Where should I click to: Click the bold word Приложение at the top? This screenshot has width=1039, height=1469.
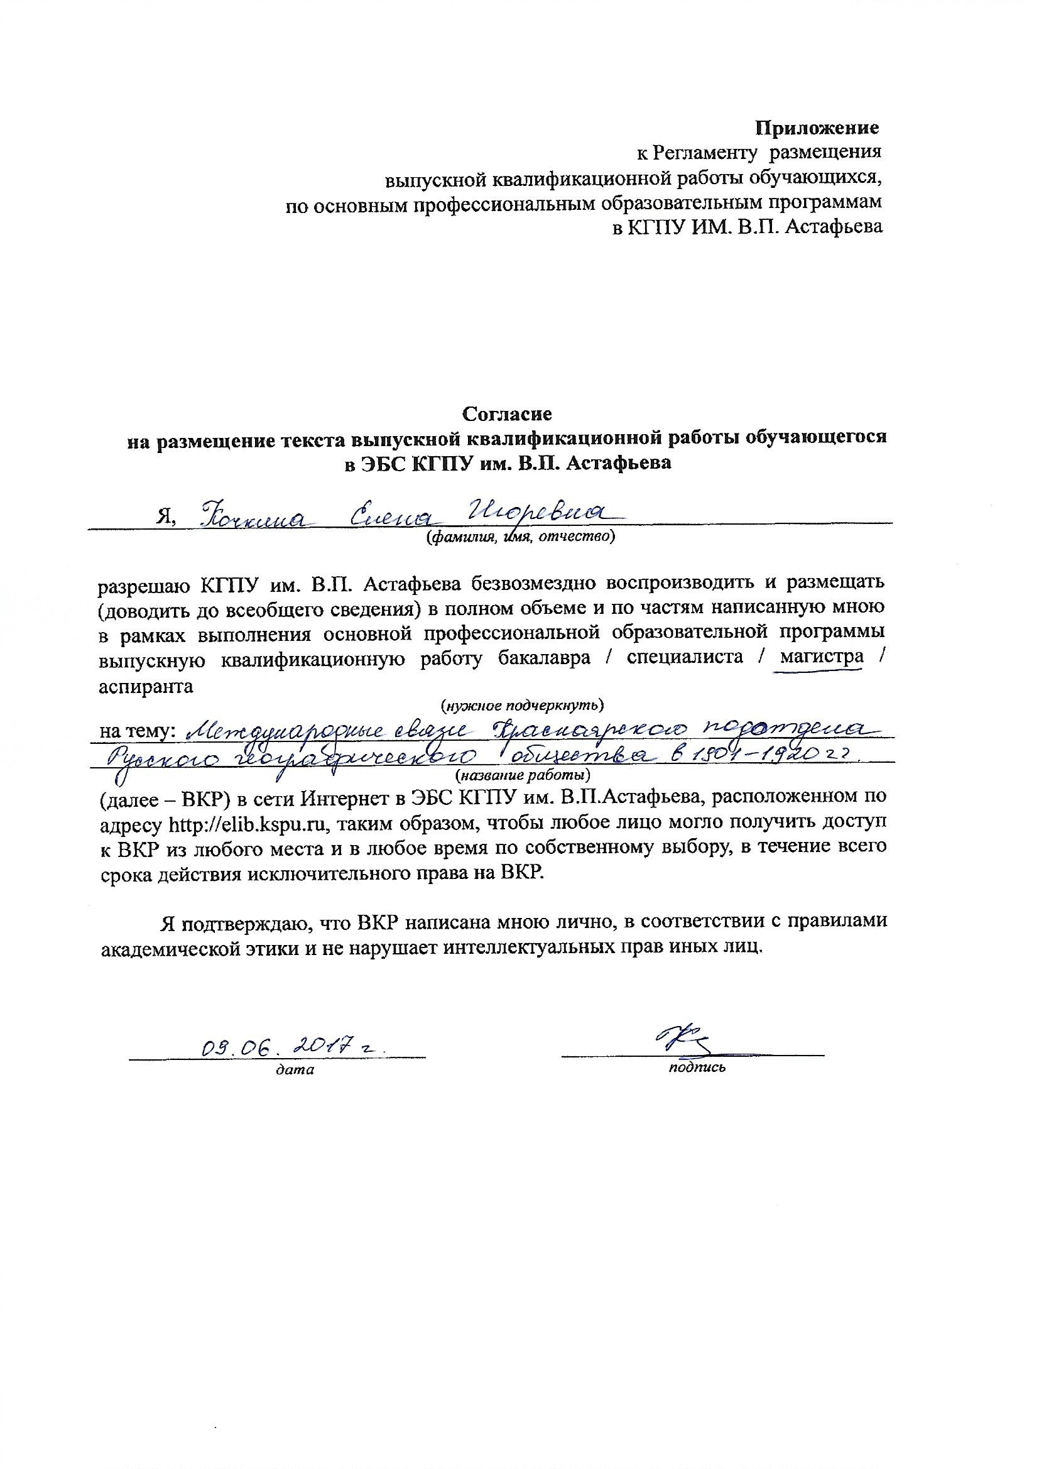pyautogui.click(x=817, y=128)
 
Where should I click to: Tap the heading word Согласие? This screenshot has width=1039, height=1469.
pyautogui.click(x=507, y=414)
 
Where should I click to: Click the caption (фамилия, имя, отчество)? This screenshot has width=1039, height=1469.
pyautogui.click(x=520, y=538)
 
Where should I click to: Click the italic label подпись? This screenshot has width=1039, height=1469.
pyautogui.click(x=697, y=1066)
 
